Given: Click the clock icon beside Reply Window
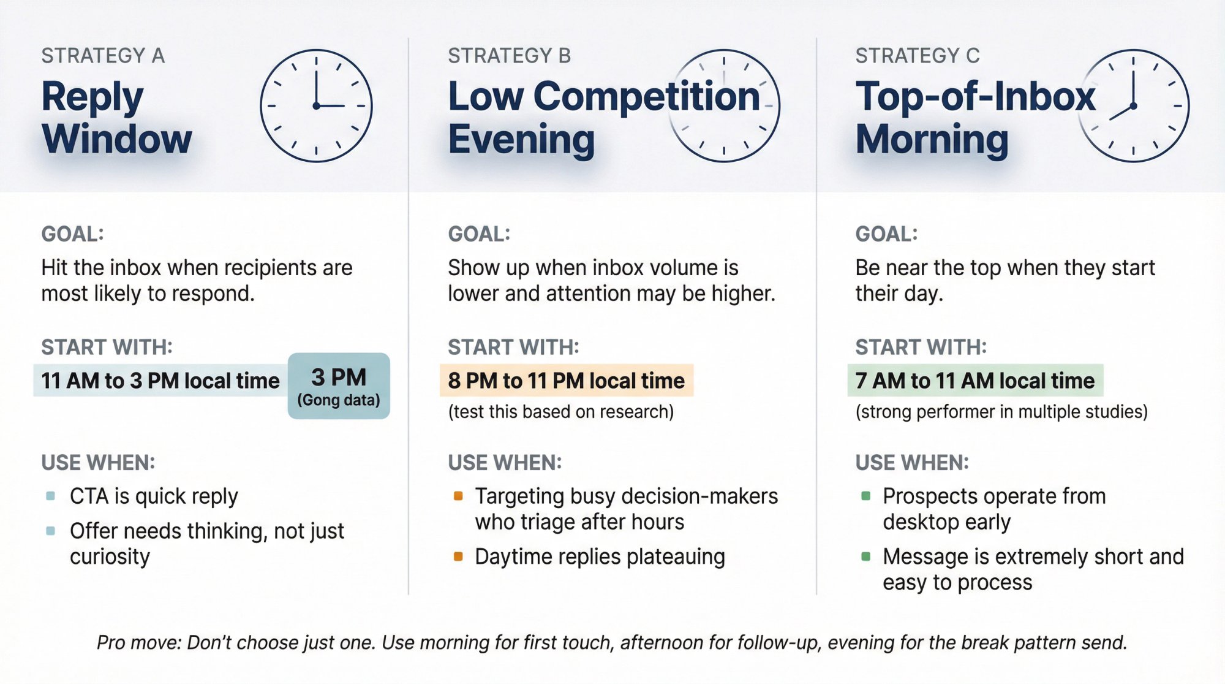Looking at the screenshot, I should (316, 105).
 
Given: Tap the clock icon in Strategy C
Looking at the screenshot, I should (1133, 105).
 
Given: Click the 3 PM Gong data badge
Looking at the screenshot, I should (339, 386).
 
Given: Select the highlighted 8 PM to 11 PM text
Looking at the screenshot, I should (566, 381).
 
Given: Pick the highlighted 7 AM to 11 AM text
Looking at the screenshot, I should (974, 381).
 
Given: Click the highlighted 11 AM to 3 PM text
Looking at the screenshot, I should (160, 381).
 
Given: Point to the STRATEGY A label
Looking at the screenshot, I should (103, 56).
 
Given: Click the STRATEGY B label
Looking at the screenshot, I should (509, 56).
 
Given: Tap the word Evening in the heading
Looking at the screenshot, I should (521, 140).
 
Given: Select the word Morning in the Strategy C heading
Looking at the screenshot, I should (932, 140).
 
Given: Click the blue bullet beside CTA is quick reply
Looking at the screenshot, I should (50, 495).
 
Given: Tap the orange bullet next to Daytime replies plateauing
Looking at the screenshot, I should (458, 557).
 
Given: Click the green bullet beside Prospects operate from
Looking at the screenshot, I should (865, 495).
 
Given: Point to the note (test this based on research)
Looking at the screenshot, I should (560, 412).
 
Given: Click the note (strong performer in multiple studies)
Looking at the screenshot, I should (1001, 412).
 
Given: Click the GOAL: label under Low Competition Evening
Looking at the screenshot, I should (479, 234).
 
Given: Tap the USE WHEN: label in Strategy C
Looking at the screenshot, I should (912, 463).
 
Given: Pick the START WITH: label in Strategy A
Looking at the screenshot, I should (107, 348).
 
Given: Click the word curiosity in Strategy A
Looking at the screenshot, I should (110, 557).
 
